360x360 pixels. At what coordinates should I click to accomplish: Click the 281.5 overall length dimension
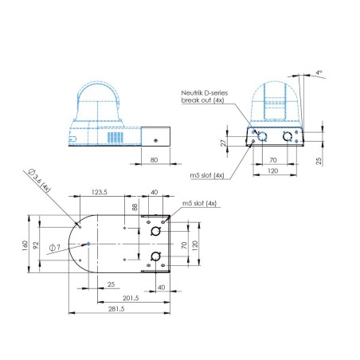[116, 309]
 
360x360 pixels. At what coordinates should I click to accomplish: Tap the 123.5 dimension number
[99, 192]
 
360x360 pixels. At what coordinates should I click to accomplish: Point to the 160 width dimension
[24, 245]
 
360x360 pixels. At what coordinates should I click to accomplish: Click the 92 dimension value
[36, 245]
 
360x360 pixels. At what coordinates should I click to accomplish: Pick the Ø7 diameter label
[53, 248]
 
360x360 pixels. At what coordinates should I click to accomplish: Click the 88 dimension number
[135, 208]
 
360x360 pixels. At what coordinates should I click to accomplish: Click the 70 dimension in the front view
[272, 159]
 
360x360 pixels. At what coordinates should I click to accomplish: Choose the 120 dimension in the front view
[272, 170]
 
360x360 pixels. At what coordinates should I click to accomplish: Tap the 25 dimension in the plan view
[111, 284]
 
